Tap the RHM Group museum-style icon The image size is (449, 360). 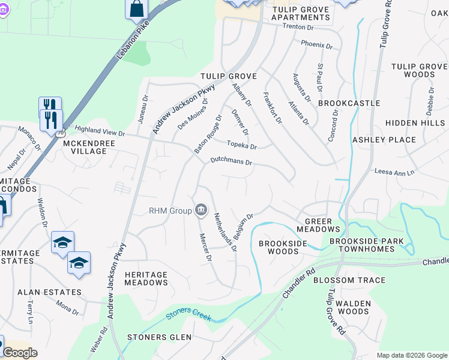(200, 210)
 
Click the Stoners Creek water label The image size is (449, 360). (188, 313)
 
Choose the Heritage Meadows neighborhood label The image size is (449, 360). (146, 278)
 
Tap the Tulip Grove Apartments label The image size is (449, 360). (300, 14)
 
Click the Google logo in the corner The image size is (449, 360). (20, 353)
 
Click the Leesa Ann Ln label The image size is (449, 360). (394, 172)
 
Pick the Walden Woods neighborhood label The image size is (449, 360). (353, 307)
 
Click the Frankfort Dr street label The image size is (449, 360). (272, 108)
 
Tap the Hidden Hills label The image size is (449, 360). (415, 122)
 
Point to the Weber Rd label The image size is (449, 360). (103, 340)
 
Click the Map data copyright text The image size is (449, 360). (412, 355)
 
